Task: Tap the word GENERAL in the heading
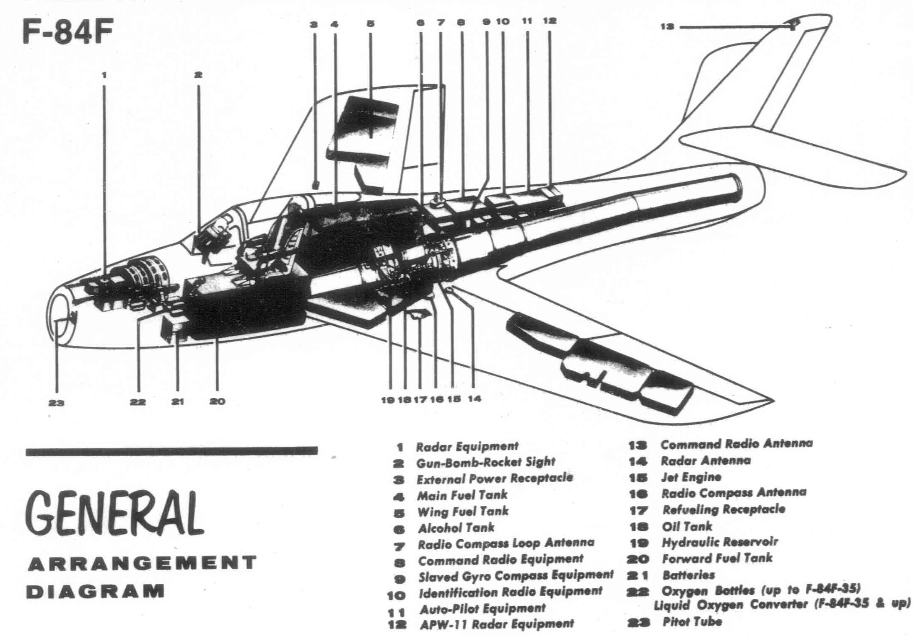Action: tap(114, 514)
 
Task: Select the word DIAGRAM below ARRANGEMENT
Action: tap(95, 592)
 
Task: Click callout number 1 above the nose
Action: tap(104, 75)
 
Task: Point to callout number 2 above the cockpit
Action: tap(198, 75)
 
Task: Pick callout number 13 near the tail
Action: tap(667, 27)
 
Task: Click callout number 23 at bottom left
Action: tap(56, 403)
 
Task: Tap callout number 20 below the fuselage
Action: tap(217, 401)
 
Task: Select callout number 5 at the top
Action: tap(370, 24)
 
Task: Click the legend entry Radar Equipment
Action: tap(467, 447)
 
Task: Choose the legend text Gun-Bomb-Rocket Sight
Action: tap(485, 463)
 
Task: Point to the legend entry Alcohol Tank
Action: tap(456, 528)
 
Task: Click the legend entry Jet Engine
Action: tap(691, 477)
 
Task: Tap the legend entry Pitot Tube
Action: tap(692, 622)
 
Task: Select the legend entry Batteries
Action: tap(688, 575)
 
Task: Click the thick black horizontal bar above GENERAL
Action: tap(171, 451)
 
